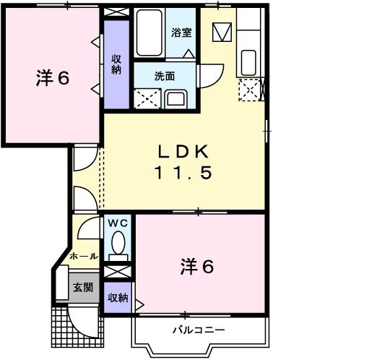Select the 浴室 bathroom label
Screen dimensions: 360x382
(x=181, y=32)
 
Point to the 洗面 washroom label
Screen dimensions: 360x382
(x=165, y=75)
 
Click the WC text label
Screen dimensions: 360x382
(x=118, y=223)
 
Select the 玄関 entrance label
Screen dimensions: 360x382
(x=83, y=286)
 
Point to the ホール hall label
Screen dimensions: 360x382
(x=83, y=256)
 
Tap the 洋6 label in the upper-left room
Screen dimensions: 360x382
(x=52, y=79)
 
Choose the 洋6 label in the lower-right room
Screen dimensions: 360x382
(x=196, y=267)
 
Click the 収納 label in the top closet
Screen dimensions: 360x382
(x=116, y=64)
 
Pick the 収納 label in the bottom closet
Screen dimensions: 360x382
(x=118, y=297)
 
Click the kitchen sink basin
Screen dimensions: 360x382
(x=248, y=59)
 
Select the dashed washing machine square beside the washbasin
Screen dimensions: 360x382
(x=147, y=98)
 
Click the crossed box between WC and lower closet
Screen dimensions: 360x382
(x=117, y=273)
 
